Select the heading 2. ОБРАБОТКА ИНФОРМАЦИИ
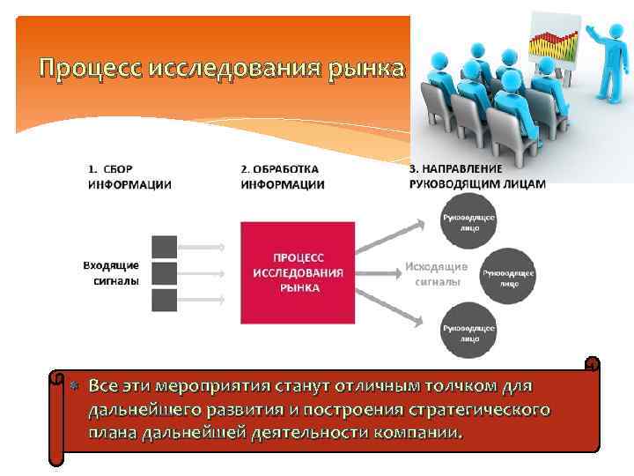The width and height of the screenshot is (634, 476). tap(282, 176)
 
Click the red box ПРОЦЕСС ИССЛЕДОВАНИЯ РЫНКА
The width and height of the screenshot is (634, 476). tap(299, 272)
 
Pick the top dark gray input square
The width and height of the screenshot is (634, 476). tap(164, 247)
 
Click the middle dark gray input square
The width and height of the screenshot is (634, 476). tap(164, 273)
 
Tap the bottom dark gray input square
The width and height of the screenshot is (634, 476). tap(164, 300)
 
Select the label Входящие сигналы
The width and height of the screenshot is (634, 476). tap(111, 273)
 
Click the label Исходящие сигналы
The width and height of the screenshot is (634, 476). tap(437, 273)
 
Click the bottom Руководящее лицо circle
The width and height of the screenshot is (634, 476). tap(468, 331)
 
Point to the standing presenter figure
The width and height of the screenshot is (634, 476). tap(608, 75)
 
